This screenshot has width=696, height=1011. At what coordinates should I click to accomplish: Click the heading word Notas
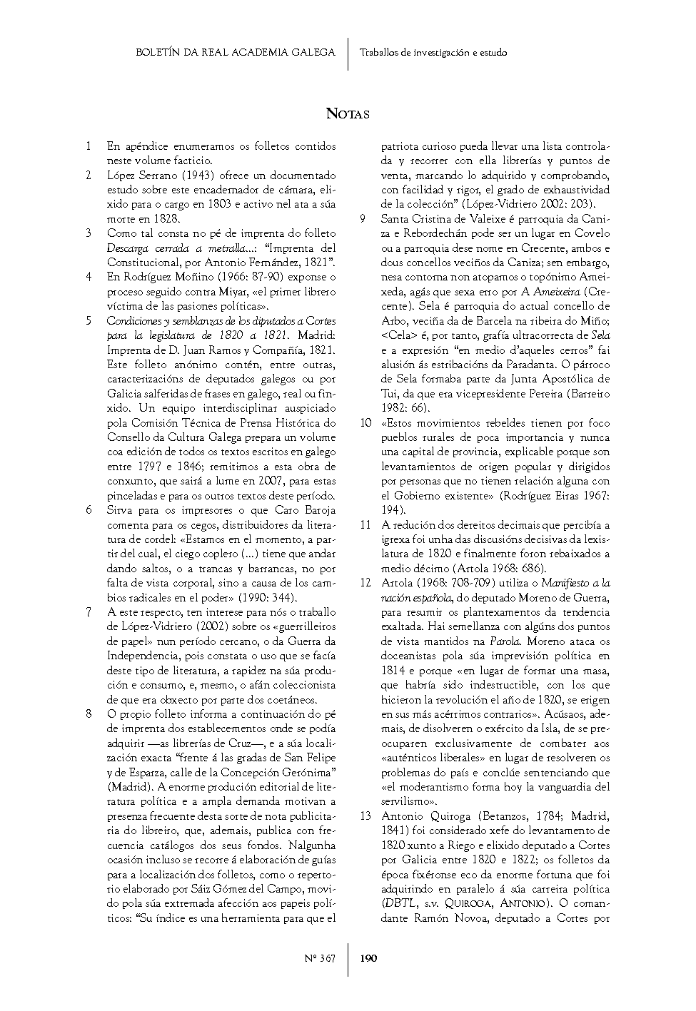pyautogui.click(x=348, y=113)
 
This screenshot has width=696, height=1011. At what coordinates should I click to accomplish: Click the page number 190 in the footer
pyautogui.click(x=368, y=958)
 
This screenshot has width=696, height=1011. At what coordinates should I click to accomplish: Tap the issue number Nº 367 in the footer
pyautogui.click(x=320, y=958)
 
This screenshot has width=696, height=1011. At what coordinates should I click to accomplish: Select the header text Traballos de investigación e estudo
pyautogui.click(x=433, y=52)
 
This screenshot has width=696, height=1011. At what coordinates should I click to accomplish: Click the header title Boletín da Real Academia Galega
pyautogui.click(x=235, y=52)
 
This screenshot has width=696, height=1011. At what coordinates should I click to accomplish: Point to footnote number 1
pyautogui.click(x=88, y=146)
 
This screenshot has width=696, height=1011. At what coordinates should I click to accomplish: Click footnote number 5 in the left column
pyautogui.click(x=88, y=321)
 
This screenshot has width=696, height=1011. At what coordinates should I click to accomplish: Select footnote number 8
pyautogui.click(x=88, y=714)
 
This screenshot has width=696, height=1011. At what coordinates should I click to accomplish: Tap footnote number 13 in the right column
pyautogui.click(x=365, y=816)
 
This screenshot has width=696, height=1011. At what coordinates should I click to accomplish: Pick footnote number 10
pyautogui.click(x=365, y=423)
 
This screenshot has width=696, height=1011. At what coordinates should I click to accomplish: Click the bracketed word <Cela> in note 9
pyautogui.click(x=395, y=335)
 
